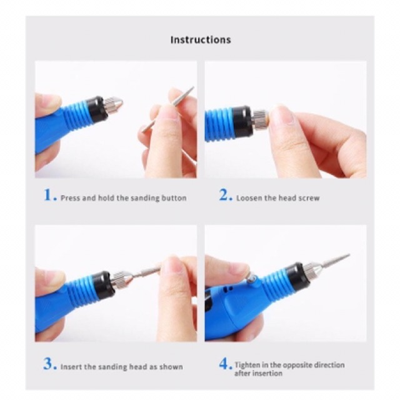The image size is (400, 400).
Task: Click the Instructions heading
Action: click(201, 40)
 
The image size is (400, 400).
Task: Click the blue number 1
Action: click(49, 195)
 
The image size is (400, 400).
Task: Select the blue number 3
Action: click(49, 364)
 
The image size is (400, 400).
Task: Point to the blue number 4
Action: click(225, 364)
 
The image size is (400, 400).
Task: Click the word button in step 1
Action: click(174, 198)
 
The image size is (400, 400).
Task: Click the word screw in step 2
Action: click(309, 198)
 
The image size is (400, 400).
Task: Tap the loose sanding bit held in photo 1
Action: click(167, 110)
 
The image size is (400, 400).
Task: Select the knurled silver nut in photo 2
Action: click(260, 119)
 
